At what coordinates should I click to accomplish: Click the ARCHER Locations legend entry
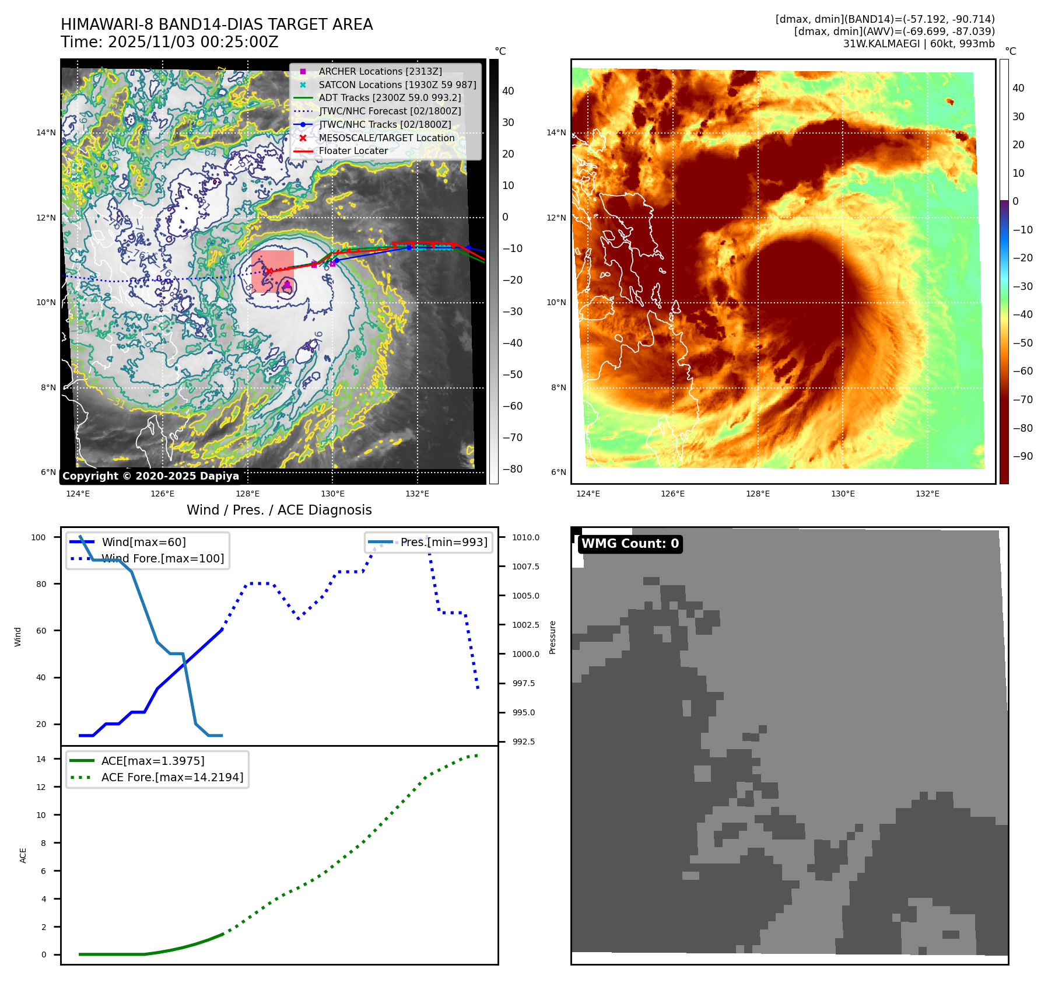click(380, 71)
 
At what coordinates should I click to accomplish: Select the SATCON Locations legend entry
click(397, 85)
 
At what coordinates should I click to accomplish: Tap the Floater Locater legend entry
click(353, 151)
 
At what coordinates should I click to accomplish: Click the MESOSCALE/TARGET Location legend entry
click(386, 138)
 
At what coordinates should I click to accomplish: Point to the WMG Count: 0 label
click(630, 544)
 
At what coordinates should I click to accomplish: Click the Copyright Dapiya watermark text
click(150, 476)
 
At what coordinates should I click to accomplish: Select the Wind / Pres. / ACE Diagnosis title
click(279, 510)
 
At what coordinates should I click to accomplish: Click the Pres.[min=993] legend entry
click(443, 542)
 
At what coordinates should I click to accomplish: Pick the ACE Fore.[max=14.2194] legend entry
click(172, 777)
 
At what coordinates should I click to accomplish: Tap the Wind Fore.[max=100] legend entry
click(162, 558)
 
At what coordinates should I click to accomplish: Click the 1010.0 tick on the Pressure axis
click(525, 537)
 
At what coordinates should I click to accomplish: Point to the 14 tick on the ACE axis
click(41, 759)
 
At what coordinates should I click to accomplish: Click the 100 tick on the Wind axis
click(38, 537)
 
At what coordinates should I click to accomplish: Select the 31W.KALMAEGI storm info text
click(919, 44)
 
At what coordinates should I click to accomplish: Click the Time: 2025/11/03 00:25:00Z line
click(170, 42)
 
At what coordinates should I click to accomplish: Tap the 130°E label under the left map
click(332, 494)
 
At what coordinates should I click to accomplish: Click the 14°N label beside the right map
click(556, 132)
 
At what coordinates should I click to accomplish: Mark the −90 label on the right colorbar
click(1022, 456)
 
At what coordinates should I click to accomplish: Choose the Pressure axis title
click(552, 637)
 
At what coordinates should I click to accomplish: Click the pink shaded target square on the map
click(272, 272)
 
